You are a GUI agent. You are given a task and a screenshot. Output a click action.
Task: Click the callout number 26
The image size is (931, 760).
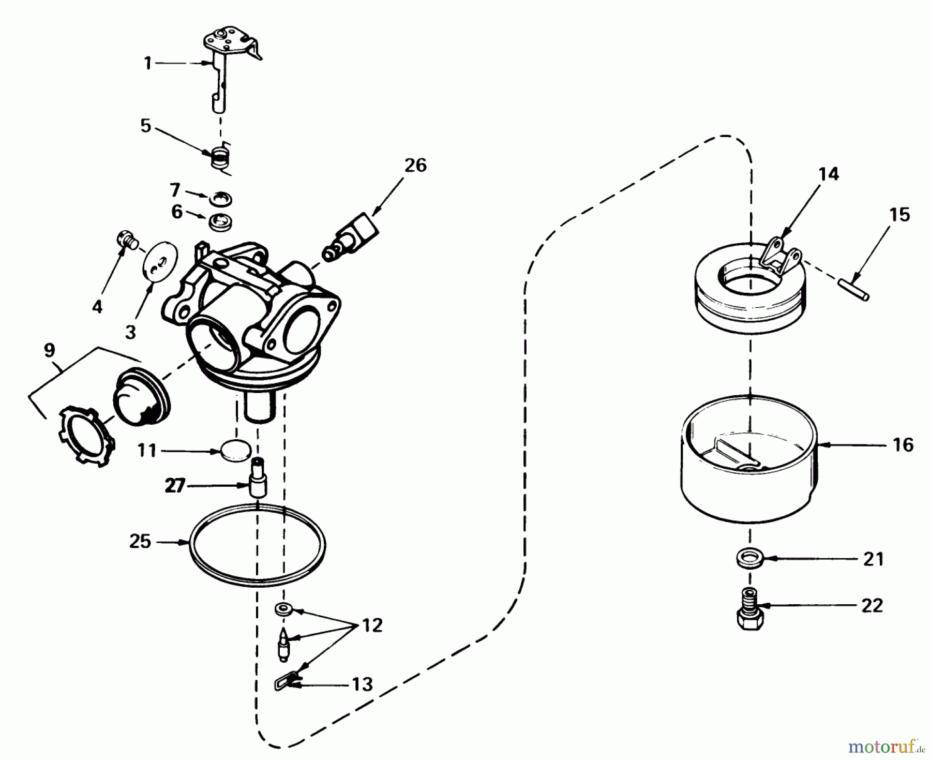pos(415,166)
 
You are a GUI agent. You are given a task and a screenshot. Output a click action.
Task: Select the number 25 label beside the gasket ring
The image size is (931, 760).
pos(140,542)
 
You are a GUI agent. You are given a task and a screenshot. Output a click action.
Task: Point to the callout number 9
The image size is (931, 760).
pos(49,350)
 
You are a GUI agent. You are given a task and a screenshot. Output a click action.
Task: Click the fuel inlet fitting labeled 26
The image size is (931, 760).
pos(350,236)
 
